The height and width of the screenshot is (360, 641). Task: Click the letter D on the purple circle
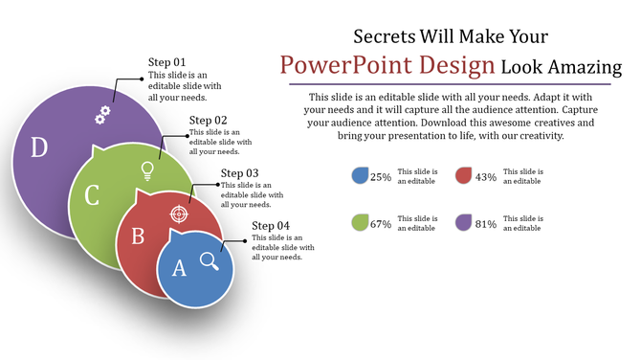pyautogui.click(x=39, y=146)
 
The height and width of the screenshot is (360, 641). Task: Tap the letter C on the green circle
pyautogui.click(x=92, y=195)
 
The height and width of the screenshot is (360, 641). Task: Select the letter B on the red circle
pyautogui.click(x=137, y=235)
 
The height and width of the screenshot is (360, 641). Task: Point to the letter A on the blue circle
pyautogui.click(x=178, y=269)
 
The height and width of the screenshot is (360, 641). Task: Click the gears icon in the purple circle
pyautogui.click(x=101, y=115)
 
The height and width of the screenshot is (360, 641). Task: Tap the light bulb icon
pyautogui.click(x=147, y=170)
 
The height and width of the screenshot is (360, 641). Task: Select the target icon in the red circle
pyautogui.click(x=178, y=213)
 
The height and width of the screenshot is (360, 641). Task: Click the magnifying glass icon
pyautogui.click(x=210, y=259)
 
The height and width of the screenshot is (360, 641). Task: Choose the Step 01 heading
pyautogui.click(x=166, y=62)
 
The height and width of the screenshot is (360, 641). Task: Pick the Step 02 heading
pyautogui.click(x=208, y=120)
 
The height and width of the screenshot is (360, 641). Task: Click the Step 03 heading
pyautogui.click(x=239, y=173)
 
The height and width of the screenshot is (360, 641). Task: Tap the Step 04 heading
pyautogui.click(x=271, y=226)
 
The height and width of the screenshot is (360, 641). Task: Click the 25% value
pyautogui.click(x=381, y=177)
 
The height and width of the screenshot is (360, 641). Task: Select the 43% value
pyautogui.click(x=486, y=177)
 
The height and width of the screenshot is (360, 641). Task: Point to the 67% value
pyautogui.click(x=381, y=224)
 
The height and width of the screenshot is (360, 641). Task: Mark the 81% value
pyautogui.click(x=486, y=224)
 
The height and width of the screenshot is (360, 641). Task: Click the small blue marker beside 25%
pyautogui.click(x=360, y=175)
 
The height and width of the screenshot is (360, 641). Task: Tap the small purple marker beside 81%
pyautogui.click(x=464, y=222)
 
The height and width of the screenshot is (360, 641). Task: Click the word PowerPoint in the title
pyautogui.click(x=336, y=66)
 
